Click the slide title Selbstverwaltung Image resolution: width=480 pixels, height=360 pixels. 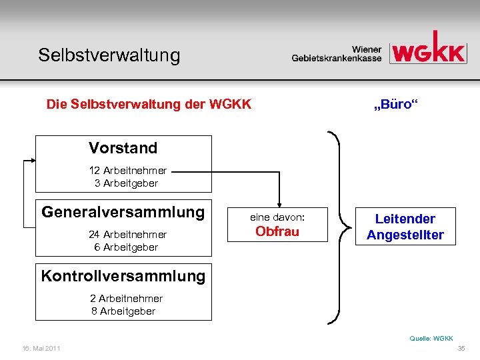coord(109,55)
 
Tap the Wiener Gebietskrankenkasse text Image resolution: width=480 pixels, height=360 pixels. coord(337,54)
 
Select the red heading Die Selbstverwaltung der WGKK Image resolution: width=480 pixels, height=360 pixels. coord(149,105)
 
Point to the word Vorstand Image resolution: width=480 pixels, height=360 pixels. coord(123,148)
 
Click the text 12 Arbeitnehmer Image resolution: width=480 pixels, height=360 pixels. coord(128,171)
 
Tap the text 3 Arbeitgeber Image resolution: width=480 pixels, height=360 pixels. coord(127,183)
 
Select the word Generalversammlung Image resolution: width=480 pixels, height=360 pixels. coord(123,212)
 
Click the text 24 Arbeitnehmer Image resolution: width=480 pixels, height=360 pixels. coord(127,235)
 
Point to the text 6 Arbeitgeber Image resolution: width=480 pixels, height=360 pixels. coord(127,247)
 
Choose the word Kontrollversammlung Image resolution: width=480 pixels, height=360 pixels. coord(123,275)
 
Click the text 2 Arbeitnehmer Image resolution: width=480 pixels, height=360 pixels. coord(127,299)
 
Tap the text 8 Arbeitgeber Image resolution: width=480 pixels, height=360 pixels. coord(123,311)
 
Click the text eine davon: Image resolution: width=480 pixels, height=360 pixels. coord(277,217)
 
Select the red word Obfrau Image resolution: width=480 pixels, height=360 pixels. coord(277,231)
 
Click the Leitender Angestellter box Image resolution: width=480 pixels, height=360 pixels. coord(405,227)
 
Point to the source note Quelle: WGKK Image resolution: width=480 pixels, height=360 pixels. coord(431,339)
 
